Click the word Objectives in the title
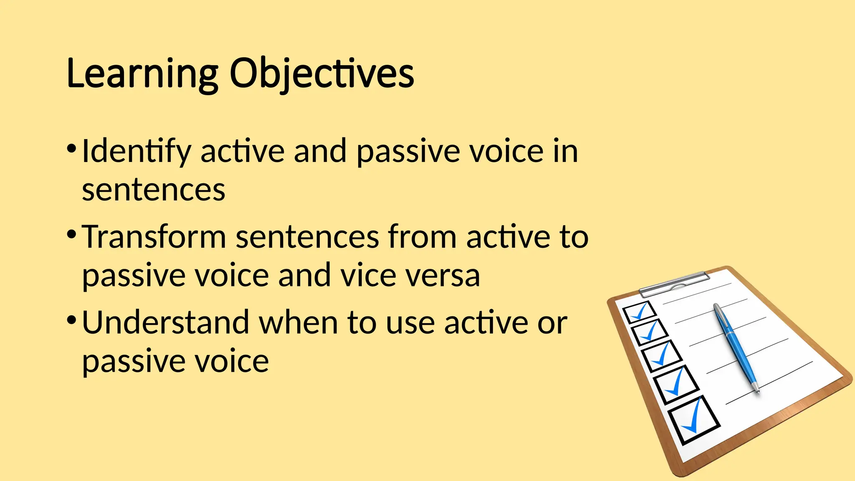tap(321, 74)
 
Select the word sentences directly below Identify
tap(153, 190)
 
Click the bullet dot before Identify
tap(71, 148)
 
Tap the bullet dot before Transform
tap(71, 234)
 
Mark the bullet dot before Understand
tap(71, 320)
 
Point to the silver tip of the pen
tap(756, 388)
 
